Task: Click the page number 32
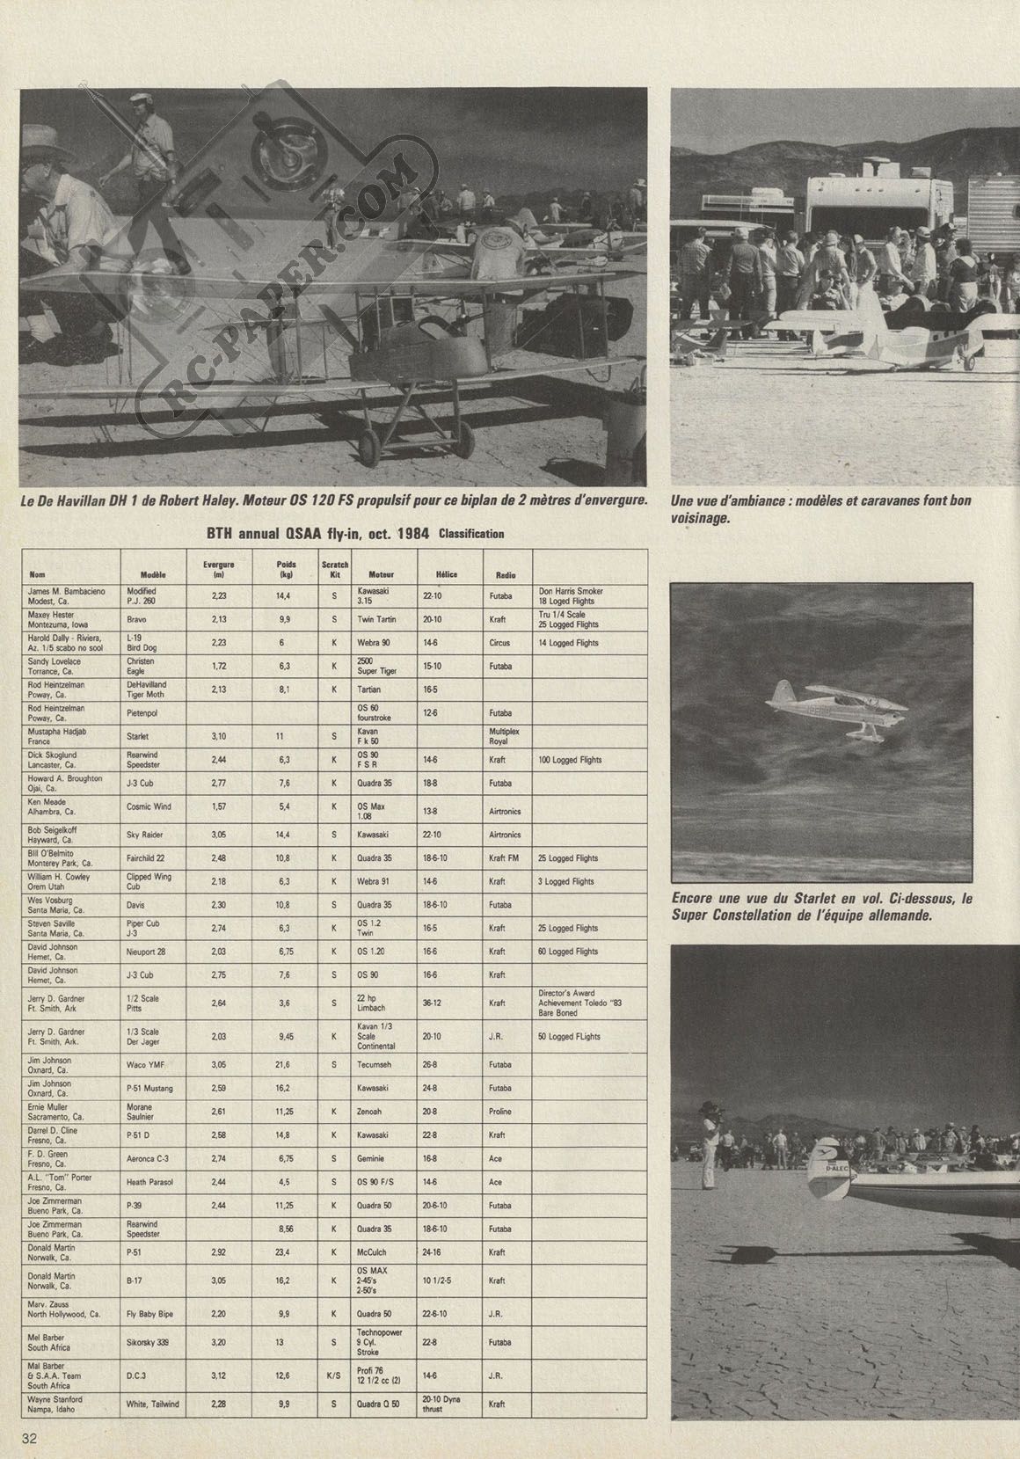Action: pos(29,1438)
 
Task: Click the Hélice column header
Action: pos(446,575)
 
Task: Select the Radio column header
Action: pos(505,575)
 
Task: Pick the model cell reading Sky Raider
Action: pos(146,835)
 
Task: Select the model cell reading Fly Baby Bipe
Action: pos(150,1314)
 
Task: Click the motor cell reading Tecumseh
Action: pos(377,1065)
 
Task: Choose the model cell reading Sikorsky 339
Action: pos(150,1343)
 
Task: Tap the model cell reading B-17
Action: pos(135,1281)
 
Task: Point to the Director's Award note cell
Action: pos(579,1003)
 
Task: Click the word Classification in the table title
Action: pos(471,534)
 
